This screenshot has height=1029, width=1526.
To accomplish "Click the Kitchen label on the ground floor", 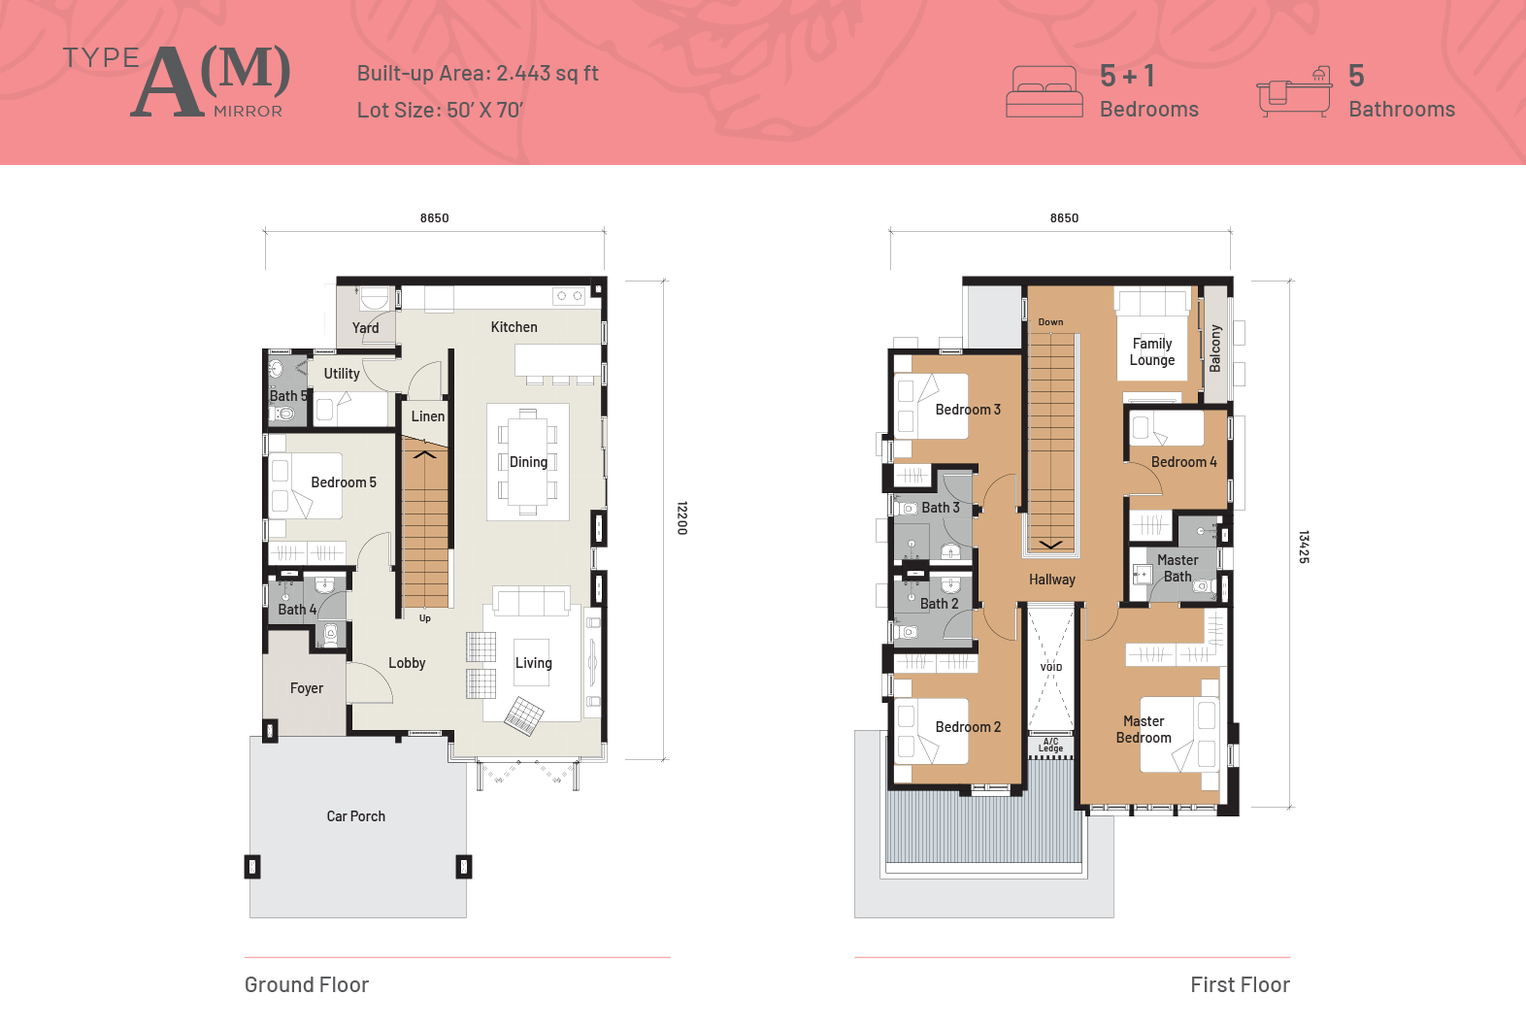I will (x=514, y=327).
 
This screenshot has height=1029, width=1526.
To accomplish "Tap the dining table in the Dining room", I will (x=527, y=462).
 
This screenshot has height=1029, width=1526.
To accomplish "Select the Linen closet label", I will (x=427, y=416).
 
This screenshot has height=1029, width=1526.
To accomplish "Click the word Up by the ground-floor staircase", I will (x=424, y=618).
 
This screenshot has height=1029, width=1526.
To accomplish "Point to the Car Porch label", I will (x=355, y=816).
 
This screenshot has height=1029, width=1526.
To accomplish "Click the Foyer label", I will (x=306, y=688).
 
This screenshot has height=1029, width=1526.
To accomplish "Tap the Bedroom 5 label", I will (x=343, y=482).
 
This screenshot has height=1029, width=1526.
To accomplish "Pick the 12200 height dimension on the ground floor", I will (x=681, y=518).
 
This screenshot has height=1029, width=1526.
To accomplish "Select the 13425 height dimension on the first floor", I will (x=1304, y=547).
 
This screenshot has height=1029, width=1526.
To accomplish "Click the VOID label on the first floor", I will (x=1050, y=667).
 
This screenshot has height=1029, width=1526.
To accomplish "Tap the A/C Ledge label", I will (x=1050, y=745).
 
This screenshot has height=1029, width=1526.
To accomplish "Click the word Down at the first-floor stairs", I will (x=1050, y=322).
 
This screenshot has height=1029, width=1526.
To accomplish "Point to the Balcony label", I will (x=1214, y=349).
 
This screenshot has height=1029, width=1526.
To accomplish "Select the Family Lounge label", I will (x=1151, y=351).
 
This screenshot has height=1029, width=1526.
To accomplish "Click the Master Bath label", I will (x=1177, y=568).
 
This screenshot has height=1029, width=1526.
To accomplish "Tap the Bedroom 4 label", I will (x=1183, y=462).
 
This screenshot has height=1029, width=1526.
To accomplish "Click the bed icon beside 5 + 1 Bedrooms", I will (x=1045, y=91).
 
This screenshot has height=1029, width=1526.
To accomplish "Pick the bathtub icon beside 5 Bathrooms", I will (x=1294, y=92).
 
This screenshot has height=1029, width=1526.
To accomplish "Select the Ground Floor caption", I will (x=307, y=984).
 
